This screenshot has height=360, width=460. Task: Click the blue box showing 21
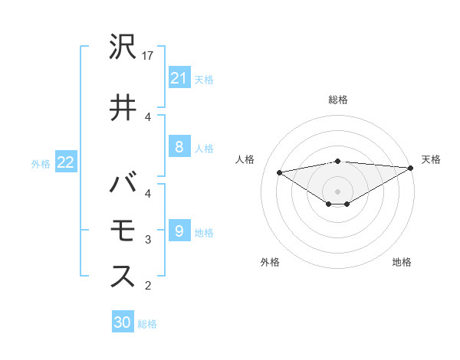(x=179, y=77)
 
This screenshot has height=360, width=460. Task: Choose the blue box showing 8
(x=179, y=147)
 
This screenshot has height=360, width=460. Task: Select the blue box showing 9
(x=179, y=231)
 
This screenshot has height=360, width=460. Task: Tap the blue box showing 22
(x=66, y=162)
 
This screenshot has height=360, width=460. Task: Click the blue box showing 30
(x=123, y=322)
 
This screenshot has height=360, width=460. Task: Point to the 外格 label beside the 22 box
(x=41, y=163)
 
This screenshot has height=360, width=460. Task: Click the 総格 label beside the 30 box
(x=147, y=324)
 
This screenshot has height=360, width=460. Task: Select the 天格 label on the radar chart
(x=431, y=159)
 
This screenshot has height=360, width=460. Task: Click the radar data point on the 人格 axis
(x=280, y=172)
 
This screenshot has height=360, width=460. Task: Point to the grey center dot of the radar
(x=337, y=191)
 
